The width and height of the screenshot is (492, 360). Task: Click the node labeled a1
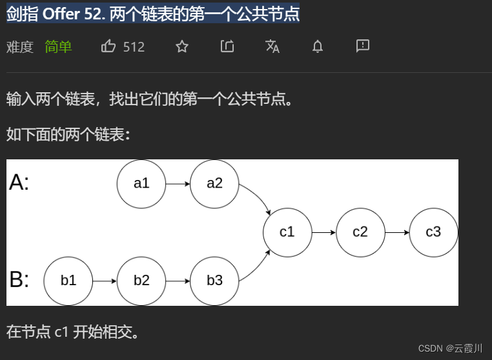141,183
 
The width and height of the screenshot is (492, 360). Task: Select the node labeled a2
214,183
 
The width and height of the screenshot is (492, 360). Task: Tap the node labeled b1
68,281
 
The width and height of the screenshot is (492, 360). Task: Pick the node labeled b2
141,281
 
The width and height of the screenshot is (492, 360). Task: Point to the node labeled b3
214,281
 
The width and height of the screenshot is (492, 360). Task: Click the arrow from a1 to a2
178,183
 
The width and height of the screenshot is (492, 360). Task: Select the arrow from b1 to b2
105,281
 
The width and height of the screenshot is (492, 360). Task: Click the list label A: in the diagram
19,183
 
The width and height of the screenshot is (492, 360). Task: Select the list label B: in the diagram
19,280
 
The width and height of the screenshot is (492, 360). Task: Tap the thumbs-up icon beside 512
108,46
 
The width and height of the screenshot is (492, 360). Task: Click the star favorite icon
182,46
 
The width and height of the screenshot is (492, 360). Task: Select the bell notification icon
317,46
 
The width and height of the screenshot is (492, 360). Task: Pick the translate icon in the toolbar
272,46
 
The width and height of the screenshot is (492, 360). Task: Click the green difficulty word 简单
58,46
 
